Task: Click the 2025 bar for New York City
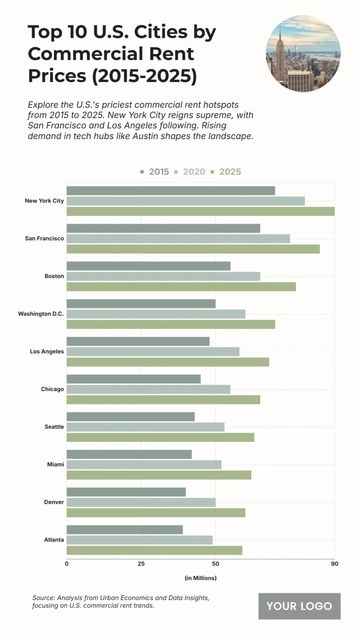[x=200, y=211]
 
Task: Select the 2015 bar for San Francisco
[x=163, y=228]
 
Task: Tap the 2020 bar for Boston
[x=163, y=276]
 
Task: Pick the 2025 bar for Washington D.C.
[x=170, y=324]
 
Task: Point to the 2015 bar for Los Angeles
[x=138, y=341]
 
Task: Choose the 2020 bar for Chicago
[x=148, y=389]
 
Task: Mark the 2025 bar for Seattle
[x=160, y=437]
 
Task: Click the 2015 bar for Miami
[x=129, y=454]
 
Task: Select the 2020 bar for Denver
[x=141, y=502]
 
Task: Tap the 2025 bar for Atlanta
[x=154, y=550]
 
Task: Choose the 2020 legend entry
[x=191, y=172]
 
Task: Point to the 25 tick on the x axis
[x=141, y=564]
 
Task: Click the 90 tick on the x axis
[x=334, y=564]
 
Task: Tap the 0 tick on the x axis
[x=67, y=564]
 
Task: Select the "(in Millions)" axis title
[x=200, y=578]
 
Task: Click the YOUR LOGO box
[x=299, y=606]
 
